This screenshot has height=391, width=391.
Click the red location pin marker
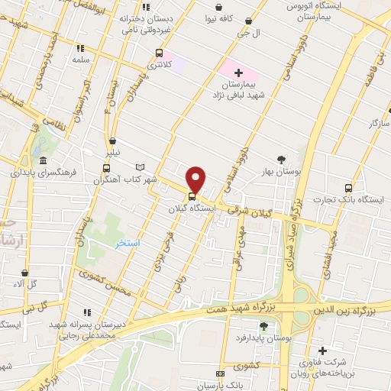pos(196,179)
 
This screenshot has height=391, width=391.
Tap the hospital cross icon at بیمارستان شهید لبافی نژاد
pos(239,73)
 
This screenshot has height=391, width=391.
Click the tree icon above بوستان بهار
pos(282,160)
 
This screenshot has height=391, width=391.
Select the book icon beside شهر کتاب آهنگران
pos(139,166)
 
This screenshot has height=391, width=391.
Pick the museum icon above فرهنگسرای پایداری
pos(44,161)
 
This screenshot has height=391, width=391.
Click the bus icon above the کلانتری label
pos(159,53)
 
